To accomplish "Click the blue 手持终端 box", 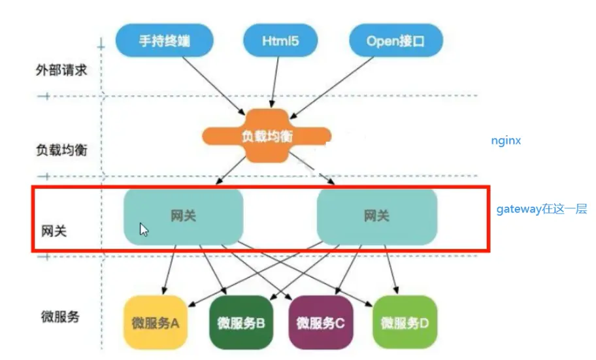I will point(165,41).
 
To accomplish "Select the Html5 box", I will point(280,41).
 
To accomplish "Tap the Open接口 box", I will point(395,41).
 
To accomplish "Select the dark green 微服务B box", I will point(240,322).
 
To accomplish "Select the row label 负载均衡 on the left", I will point(61,150).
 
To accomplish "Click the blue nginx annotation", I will point(506,140).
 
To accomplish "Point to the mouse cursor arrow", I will point(143,229).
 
